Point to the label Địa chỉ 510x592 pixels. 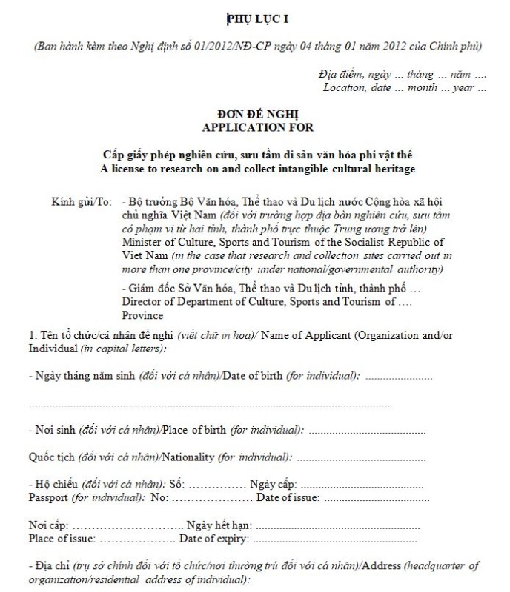pos(55,566)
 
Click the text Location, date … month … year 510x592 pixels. pos(405,88)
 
